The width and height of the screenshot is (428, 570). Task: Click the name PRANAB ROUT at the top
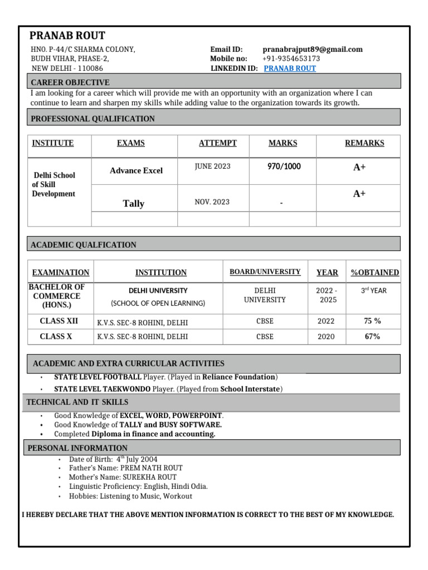pos(67,36)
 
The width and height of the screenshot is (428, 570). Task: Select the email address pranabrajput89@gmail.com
pos(312,49)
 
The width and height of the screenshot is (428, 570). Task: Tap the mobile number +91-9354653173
pos(291,58)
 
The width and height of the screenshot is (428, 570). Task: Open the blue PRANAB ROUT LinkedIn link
pos(289,68)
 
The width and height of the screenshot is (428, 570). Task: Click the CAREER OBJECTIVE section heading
pos(70,82)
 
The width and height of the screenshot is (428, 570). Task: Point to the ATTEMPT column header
pos(217,143)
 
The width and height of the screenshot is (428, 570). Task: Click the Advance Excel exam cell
pos(136,170)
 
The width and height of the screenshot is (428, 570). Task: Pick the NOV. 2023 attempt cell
pos(212,202)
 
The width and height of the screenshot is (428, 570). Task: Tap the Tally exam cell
pos(134,204)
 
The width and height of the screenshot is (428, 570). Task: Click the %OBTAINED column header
pos(374,272)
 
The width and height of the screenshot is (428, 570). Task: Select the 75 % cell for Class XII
pos(372,321)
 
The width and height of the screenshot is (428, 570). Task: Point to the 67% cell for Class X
pos(372,336)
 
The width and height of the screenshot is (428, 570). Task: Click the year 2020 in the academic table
pos(326,336)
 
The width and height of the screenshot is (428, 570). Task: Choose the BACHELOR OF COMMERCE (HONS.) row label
pos(60,296)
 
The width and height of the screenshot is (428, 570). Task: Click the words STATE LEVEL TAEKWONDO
pos(102,389)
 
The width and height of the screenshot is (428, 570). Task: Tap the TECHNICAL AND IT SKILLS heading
pos(77,402)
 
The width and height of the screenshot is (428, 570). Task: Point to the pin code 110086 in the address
pos(90,68)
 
